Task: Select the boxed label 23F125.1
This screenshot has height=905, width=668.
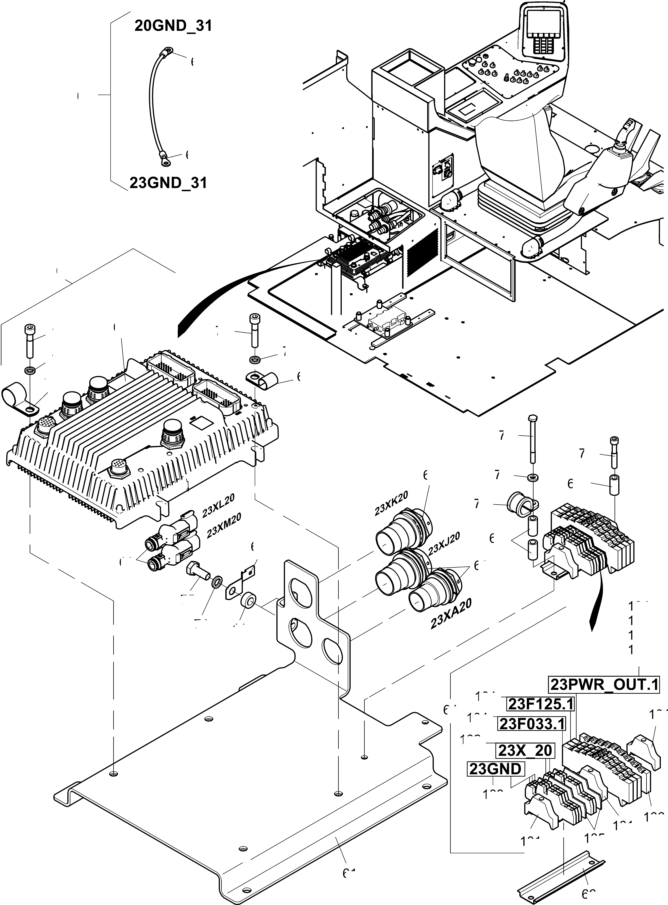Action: click(540, 704)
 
